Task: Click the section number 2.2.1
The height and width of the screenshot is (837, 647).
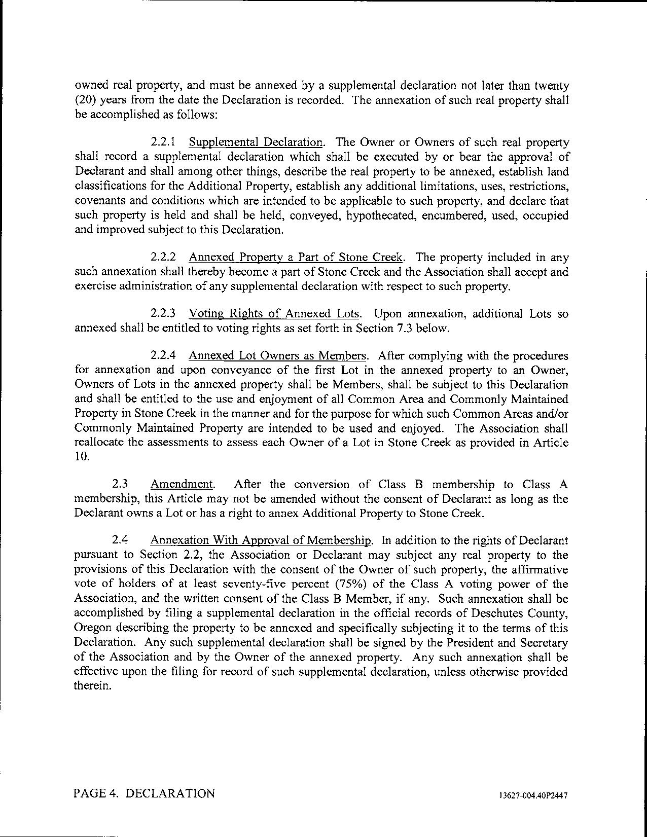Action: [x=163, y=142]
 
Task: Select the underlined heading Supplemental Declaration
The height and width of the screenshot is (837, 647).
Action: [x=256, y=142]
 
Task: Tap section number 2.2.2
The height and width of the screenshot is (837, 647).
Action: [x=163, y=258]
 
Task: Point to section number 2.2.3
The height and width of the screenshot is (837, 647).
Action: [x=163, y=314]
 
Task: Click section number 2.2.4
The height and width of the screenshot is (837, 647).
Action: [x=163, y=356]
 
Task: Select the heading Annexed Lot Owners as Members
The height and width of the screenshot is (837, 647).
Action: [x=279, y=356]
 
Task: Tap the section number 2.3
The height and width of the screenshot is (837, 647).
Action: [x=120, y=485]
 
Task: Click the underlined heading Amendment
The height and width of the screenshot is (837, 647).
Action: [x=182, y=485]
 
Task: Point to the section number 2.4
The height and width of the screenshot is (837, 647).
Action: [x=120, y=540]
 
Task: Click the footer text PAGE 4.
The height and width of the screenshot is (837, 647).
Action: [x=95, y=793]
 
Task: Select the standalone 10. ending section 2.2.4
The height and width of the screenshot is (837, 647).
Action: [x=82, y=457]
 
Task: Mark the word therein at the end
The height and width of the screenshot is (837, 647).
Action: [x=92, y=687]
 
